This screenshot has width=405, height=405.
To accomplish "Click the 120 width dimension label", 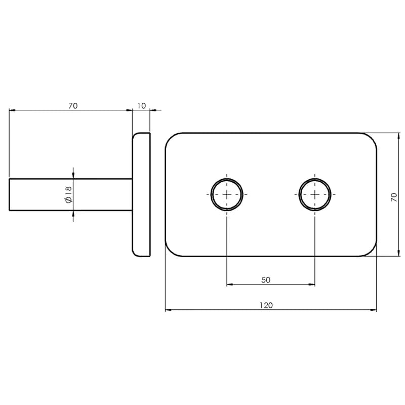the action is (266, 305).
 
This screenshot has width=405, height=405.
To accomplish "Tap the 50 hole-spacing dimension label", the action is (266, 280).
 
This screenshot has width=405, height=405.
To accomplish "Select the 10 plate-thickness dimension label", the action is (142, 106).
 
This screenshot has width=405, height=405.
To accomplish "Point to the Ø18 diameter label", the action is (69, 194).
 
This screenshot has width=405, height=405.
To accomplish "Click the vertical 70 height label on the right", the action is (394, 197).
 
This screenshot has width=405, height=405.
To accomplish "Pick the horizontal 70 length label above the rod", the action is (73, 106).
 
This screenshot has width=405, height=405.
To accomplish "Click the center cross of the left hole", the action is (227, 194).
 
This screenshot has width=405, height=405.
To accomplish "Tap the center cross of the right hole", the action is (314, 194).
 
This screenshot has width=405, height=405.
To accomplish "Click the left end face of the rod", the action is (9, 194).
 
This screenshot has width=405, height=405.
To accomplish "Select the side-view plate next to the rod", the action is (141, 195).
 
